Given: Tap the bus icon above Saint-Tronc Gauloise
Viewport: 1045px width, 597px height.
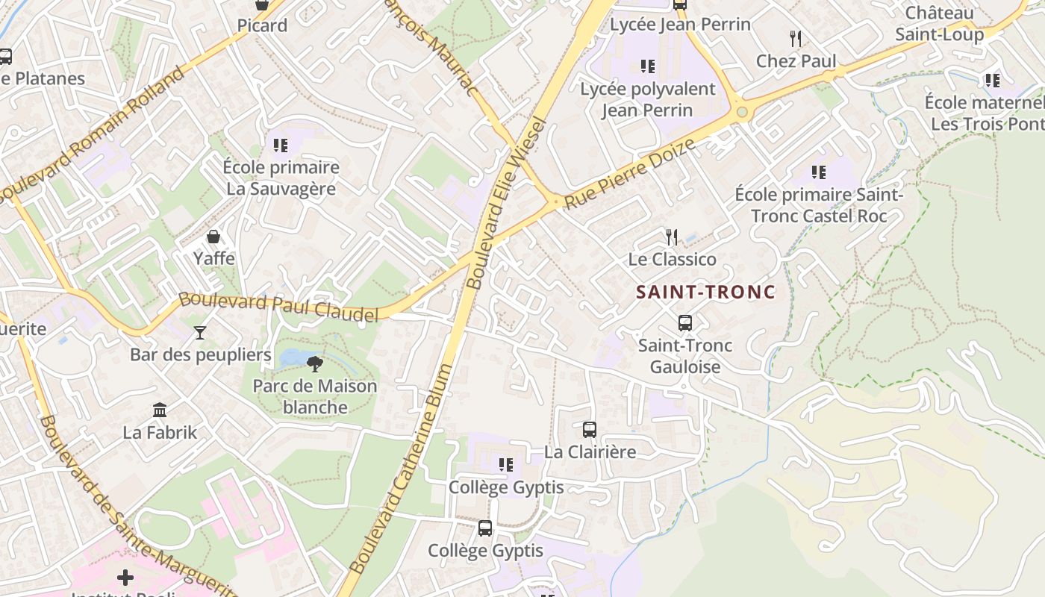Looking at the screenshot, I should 684,323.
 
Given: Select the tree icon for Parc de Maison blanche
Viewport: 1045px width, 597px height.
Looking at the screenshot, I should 315,364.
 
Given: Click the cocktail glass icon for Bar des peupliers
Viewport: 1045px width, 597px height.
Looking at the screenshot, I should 200,332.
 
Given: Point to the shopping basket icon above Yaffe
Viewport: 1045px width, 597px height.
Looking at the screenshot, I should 213,237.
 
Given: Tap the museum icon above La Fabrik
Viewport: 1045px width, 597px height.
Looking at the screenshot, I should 160,410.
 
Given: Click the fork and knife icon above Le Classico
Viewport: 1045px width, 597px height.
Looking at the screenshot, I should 672,237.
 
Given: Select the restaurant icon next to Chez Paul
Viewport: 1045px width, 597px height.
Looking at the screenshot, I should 796,39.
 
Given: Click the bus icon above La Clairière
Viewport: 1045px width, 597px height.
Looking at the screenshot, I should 590,430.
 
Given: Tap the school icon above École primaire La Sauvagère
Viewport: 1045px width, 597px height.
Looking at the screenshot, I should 281,145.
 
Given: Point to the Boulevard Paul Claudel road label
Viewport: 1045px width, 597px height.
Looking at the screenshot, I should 278,308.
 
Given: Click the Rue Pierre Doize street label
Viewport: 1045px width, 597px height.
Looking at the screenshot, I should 631,173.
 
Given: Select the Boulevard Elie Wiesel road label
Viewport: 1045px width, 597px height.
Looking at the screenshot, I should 507,203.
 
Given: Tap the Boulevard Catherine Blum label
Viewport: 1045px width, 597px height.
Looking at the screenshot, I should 401,468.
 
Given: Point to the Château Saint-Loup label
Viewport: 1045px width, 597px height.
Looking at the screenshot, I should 939,23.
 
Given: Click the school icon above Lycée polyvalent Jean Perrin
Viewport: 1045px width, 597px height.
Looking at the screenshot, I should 648,66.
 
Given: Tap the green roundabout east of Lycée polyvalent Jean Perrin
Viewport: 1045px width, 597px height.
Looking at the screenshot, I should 742,113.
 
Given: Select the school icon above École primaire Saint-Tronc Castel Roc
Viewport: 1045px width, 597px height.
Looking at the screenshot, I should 819,172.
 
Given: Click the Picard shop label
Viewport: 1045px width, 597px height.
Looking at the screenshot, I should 262,25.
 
